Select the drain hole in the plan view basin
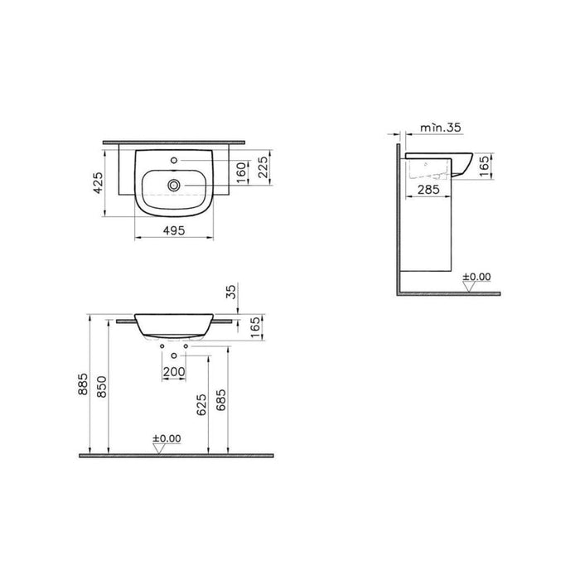pos(175,184)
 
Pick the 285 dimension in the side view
pos(428,191)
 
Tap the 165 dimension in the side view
pos(486,166)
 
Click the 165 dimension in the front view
pos(255,328)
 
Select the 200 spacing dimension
pos(174,372)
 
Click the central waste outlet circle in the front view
pos(174,355)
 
